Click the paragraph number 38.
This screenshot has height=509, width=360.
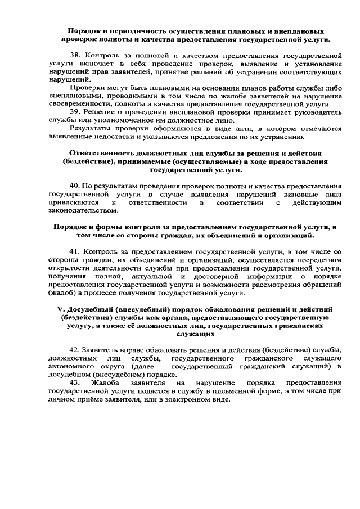[75, 57]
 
